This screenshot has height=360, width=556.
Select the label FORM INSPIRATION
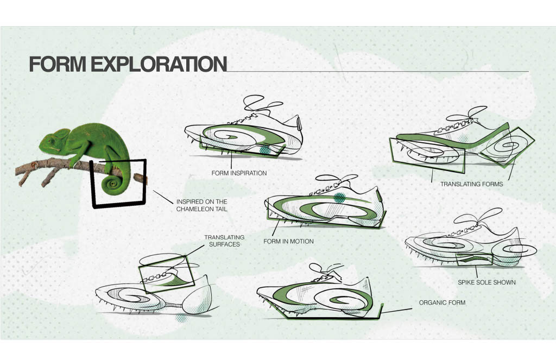(x=239, y=174)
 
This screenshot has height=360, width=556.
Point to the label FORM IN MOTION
(x=288, y=241)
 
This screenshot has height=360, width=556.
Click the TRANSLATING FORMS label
(x=471, y=184)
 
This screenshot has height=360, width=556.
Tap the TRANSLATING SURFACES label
(x=224, y=241)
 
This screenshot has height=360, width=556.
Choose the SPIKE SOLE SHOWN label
(x=487, y=282)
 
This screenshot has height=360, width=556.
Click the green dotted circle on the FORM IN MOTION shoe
(x=340, y=198)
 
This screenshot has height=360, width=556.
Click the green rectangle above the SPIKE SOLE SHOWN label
(x=474, y=260)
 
